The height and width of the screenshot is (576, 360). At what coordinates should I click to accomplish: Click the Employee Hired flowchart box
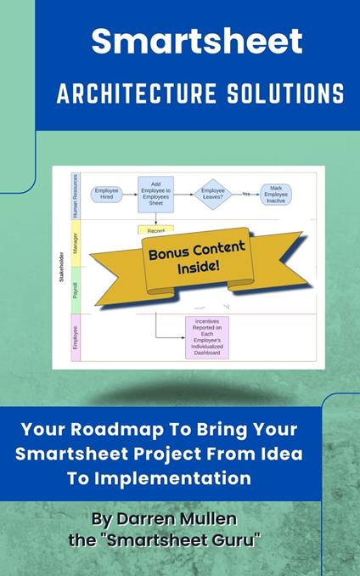(107, 194)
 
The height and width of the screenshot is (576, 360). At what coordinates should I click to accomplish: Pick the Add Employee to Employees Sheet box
(156, 194)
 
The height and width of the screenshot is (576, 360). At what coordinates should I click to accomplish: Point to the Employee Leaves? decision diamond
(212, 194)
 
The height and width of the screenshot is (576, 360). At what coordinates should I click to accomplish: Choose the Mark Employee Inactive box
(277, 193)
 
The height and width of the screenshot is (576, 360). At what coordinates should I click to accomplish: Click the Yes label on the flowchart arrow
(246, 194)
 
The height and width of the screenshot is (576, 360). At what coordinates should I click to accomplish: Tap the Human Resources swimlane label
(75, 195)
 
